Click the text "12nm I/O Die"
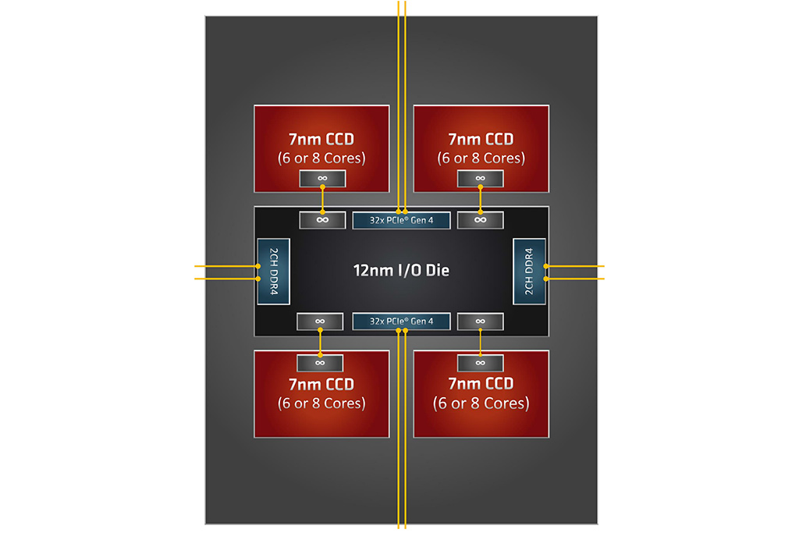click(399, 271)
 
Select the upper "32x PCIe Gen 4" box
click(401, 220)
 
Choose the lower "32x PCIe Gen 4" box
click(401, 321)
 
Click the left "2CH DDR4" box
click(274, 272)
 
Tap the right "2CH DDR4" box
click(528, 272)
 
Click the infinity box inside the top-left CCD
click(321, 179)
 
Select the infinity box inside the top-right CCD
click(481, 179)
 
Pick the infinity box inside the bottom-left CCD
click(320, 362)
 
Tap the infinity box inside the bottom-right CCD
click(481, 362)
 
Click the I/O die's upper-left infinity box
click(321, 220)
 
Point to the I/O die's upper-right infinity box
click(481, 220)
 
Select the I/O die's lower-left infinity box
click(320, 321)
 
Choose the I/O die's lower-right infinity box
click(481, 321)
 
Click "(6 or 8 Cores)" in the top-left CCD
click(321, 158)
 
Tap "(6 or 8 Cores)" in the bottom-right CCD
click(481, 403)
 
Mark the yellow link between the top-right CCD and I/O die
click(481, 199)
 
